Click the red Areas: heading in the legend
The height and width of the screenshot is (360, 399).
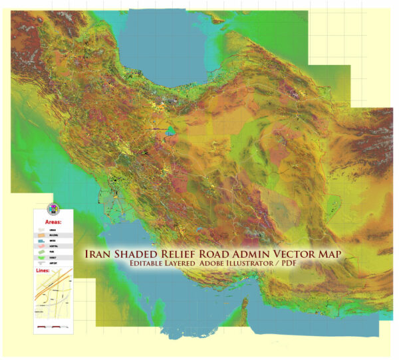(53, 221)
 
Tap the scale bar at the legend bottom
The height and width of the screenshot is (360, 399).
(54, 327)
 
